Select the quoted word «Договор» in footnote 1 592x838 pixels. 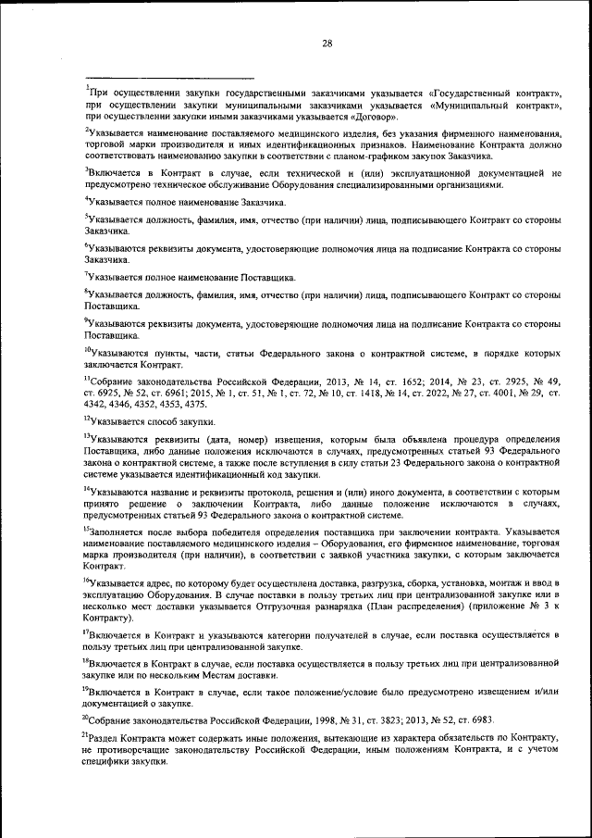[376, 118]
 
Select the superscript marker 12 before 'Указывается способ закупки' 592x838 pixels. [88, 419]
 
